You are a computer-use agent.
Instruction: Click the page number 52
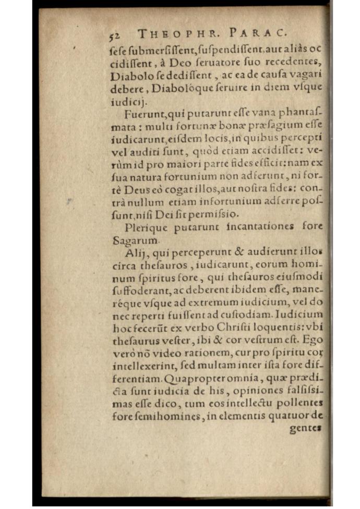click(115, 35)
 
